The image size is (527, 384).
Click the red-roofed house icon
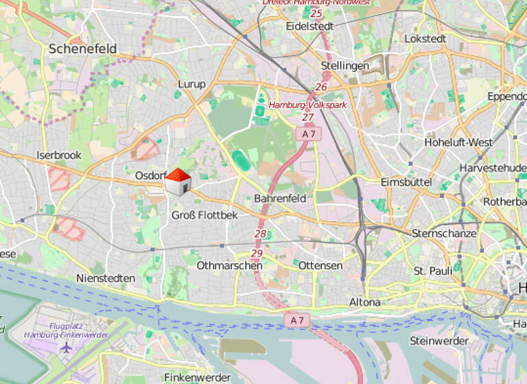point(178,182)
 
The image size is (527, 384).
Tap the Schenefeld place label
point(82,49)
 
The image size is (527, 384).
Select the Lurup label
point(191,84)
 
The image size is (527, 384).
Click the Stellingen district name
point(344,66)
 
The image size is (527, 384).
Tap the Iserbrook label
point(59,155)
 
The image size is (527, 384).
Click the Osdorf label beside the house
point(149,176)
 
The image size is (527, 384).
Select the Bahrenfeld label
point(280,198)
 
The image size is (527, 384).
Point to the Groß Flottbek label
point(204,215)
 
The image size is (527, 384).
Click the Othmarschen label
point(229,265)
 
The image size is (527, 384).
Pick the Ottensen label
point(320,265)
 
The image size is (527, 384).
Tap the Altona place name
point(364,302)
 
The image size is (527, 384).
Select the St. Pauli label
point(432,271)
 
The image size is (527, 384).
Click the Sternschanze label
point(444,233)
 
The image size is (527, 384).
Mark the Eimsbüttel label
point(406,182)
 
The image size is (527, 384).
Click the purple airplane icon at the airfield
point(66,346)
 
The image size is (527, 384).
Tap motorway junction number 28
point(260,234)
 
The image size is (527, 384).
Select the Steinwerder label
point(438,341)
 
